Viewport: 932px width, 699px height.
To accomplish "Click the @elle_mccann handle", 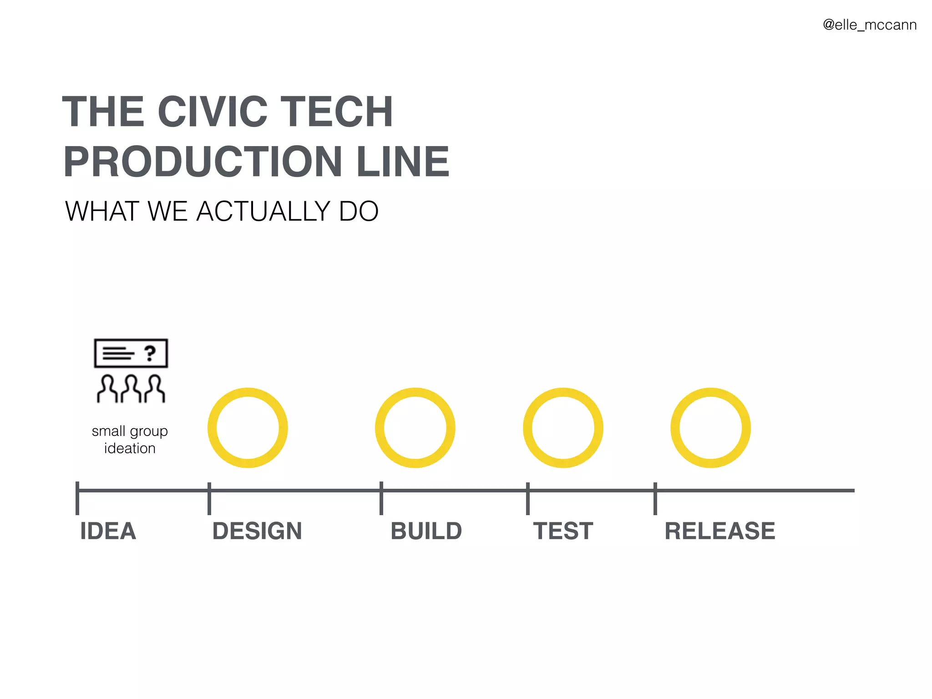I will coord(870,25).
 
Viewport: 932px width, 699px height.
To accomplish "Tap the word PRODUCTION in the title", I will coord(203,162).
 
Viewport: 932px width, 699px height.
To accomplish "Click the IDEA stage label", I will coord(108,531).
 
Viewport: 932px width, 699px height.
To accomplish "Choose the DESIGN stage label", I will coord(257,531).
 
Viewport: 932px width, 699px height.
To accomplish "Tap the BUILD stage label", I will coord(426,531).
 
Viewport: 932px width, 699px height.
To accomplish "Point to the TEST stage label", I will coord(563,531).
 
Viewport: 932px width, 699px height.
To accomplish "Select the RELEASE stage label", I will coord(720,531).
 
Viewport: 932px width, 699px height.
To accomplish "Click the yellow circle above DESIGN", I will coord(248,428).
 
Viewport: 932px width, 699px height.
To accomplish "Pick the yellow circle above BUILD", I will coord(415,428).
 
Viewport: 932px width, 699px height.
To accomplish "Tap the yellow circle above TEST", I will coord(563,428).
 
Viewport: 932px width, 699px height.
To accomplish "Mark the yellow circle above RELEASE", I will coord(710,428).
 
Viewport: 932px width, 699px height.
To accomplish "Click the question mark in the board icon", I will coord(150,353).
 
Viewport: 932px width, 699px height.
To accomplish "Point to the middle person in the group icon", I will coord(131,389).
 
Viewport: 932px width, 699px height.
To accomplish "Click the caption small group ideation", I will coord(130,439).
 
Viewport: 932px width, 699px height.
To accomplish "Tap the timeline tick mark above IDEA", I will coord(77,498).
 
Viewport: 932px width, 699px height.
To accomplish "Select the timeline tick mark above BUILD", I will coord(381,498).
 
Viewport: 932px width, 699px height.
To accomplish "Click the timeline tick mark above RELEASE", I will coord(655,498).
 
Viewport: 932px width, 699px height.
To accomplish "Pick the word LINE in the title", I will coord(403,162).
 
